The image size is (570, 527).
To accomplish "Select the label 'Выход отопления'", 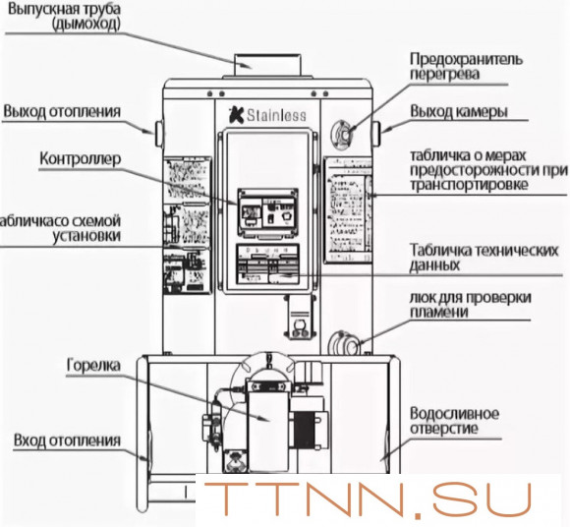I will pyautogui.click(x=61, y=111).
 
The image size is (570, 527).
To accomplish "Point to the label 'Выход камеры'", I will pyautogui.click(x=459, y=111).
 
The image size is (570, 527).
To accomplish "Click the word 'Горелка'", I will pyautogui.click(x=93, y=364).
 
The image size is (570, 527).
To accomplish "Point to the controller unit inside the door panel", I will pyautogui.click(x=268, y=210).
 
